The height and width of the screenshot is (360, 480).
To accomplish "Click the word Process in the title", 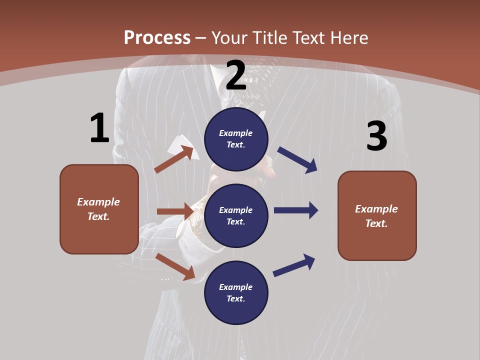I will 157,38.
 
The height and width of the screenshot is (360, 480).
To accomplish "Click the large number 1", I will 99,128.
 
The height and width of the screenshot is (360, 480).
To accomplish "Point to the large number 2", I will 236,75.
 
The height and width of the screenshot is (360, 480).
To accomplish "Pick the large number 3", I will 376,136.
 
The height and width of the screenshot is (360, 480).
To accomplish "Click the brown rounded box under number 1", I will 99,209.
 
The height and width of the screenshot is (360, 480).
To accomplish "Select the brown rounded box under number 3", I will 377,215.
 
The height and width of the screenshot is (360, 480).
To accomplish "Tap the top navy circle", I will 236,139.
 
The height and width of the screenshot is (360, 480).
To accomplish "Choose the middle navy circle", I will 236,215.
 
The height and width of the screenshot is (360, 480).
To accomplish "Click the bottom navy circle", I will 236,292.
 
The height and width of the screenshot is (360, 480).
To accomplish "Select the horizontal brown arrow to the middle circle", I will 175,211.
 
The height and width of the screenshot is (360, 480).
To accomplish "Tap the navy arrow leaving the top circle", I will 297,160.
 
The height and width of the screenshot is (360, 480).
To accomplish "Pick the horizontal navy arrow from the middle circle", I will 296,210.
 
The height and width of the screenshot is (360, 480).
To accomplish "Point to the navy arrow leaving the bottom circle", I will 294,265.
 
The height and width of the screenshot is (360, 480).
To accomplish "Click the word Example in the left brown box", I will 98,202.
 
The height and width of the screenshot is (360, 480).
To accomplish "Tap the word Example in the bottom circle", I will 236,287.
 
